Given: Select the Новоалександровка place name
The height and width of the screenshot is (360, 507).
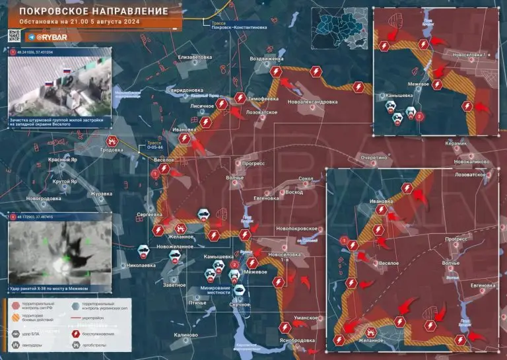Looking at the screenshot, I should click(313, 102).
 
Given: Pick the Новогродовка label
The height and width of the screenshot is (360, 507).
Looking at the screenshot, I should click(44, 198).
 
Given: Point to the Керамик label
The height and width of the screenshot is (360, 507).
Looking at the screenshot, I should click(456, 143).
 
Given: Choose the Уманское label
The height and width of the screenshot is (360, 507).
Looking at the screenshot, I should click(308, 318).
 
